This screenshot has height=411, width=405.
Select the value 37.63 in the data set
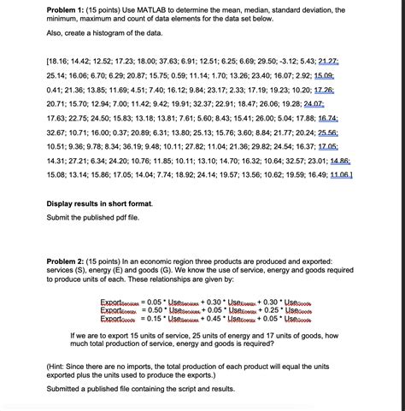pyautogui.click(x=179, y=62)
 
